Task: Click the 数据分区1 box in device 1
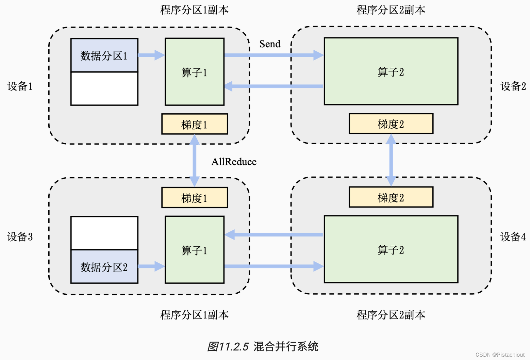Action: pos(104,55)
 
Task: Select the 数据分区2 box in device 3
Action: pos(104,267)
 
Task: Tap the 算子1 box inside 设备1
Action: pos(194,72)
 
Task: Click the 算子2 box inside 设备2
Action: pos(391,71)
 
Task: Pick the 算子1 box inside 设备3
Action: pos(194,250)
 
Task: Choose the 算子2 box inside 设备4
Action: pos(391,249)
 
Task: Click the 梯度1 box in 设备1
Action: pos(194,124)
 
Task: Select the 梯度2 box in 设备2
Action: pos(391,124)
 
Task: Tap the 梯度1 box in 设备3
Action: pos(194,198)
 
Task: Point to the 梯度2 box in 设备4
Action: pos(391,197)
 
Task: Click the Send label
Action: pos(270,44)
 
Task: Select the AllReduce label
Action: pos(234,162)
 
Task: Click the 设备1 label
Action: pos(20,86)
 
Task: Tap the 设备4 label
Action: pos(513,236)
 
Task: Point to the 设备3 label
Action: pos(20,236)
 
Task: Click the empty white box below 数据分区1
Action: pos(104,89)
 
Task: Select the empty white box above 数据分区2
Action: pos(104,233)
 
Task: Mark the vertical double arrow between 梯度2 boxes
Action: pos(391,160)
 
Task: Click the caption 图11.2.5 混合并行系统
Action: pos(262,346)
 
